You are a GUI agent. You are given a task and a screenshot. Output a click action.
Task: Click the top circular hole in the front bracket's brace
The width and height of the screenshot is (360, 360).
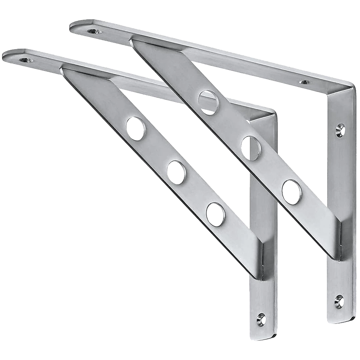136,128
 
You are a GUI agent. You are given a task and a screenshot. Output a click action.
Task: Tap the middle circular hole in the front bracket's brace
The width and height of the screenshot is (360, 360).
176,172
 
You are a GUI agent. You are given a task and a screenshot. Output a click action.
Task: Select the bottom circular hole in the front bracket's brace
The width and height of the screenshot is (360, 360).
215,214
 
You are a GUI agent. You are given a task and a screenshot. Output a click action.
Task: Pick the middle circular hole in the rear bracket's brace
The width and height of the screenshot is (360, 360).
251,148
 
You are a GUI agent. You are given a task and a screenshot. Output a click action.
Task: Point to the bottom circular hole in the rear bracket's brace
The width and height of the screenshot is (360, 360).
291,191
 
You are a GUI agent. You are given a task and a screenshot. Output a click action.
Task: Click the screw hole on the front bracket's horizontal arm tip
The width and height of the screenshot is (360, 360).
26,60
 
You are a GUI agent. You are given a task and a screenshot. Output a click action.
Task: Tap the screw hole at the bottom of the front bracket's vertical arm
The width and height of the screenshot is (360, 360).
261,320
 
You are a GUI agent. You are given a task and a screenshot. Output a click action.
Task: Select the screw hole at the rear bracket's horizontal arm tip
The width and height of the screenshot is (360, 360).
94,31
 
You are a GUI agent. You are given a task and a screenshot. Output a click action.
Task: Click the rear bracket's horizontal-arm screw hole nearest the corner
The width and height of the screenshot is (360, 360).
304,82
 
